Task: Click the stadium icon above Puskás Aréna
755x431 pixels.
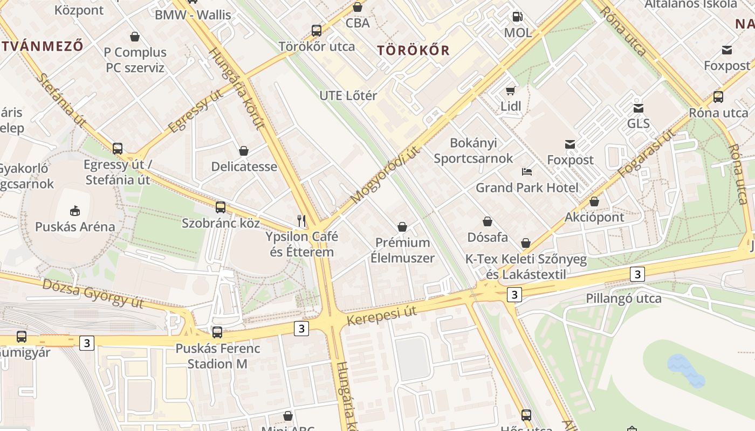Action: tap(75, 211)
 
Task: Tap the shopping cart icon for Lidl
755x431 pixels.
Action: tap(510, 91)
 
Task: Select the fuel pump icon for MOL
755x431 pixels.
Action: tap(517, 17)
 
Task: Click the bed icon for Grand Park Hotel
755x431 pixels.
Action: tap(527, 172)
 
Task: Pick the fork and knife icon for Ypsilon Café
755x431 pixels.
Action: tap(301, 220)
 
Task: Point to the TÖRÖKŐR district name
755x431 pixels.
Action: tap(413, 51)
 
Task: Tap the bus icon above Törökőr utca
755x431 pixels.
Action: tap(317, 31)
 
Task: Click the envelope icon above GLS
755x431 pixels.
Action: tap(639, 108)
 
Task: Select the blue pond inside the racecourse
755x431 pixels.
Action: tap(686, 371)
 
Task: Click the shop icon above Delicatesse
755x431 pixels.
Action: tap(244, 151)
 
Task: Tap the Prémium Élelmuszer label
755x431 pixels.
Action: tap(402, 250)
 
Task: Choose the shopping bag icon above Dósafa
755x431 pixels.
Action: tap(488, 221)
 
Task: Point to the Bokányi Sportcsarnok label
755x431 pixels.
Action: tap(473, 150)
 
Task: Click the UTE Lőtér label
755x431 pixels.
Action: tap(348, 95)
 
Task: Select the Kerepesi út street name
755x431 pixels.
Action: tap(382, 316)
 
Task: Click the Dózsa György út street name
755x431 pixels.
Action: tap(93, 293)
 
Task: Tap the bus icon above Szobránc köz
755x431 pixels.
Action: tap(220, 207)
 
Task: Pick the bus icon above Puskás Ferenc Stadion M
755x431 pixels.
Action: tap(217, 332)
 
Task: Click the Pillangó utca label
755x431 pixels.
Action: tap(623, 298)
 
